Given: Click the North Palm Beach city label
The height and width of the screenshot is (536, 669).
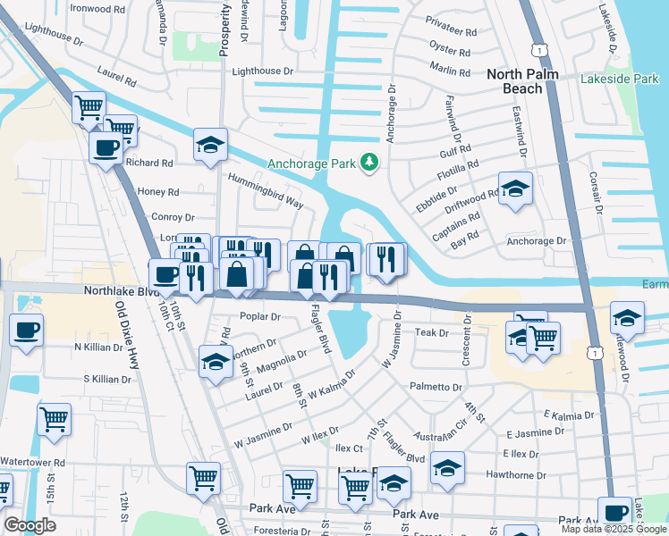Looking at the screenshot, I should coord(528,81).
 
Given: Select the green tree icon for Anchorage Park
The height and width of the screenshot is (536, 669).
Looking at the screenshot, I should coord(368,162).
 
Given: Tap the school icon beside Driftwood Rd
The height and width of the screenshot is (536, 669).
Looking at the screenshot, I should coord(514,188).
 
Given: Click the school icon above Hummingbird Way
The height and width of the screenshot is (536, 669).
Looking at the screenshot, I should coord(210,145).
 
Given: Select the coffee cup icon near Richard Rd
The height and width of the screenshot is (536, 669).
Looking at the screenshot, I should coord(106,147).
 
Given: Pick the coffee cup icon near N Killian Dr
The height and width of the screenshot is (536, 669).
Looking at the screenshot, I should coord(25,331).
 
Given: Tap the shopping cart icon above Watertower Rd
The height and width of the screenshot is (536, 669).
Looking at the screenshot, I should coord(55,419).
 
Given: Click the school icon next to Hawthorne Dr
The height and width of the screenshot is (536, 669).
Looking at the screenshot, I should coord(447,467).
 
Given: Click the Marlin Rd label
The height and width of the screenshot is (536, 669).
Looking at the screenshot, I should coord(449,69).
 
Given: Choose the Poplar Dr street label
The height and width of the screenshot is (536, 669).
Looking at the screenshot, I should coord(260,317).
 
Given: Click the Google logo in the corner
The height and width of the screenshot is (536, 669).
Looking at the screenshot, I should coord(29,525).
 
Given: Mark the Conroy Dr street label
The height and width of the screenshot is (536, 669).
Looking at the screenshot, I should coord(173,217).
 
